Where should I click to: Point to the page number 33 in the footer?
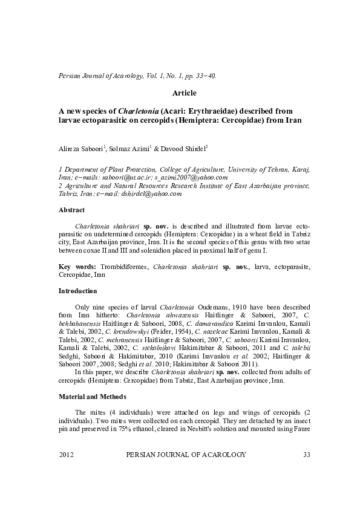[x=306, y=470]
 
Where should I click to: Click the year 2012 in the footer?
[x=67, y=470]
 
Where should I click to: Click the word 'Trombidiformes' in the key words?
[x=127, y=266]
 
